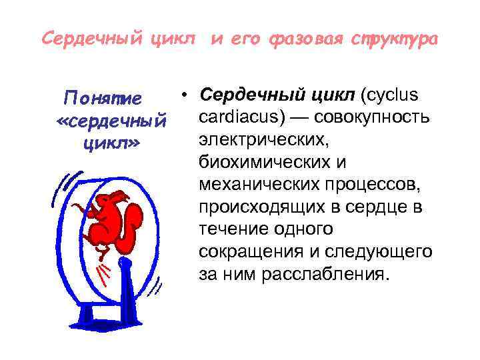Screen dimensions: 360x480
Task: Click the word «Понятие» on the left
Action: (102, 99)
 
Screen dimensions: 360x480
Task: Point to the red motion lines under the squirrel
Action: (103, 270)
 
